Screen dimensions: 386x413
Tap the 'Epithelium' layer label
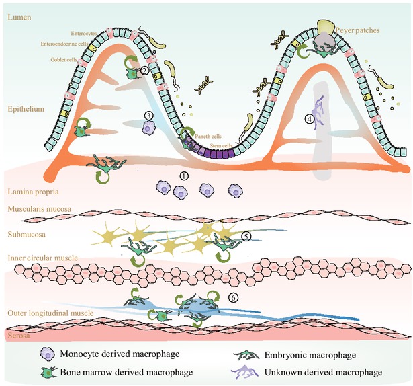pos(25,107)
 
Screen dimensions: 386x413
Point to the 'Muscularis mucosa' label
pos(39,210)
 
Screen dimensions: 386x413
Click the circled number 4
pos(310,119)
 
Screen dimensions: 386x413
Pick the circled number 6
pos(233,295)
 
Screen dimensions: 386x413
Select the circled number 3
pos(149,114)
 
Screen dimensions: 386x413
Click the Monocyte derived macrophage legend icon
pos(48,356)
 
